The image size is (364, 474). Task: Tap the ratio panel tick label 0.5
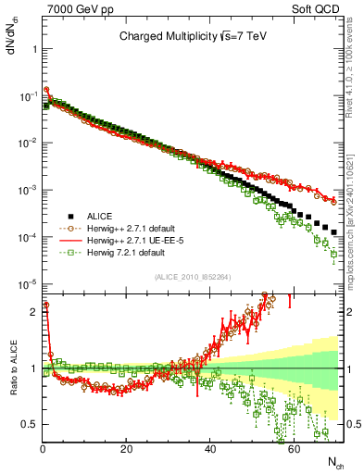click(28, 424)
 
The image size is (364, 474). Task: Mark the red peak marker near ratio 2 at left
click(46, 304)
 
